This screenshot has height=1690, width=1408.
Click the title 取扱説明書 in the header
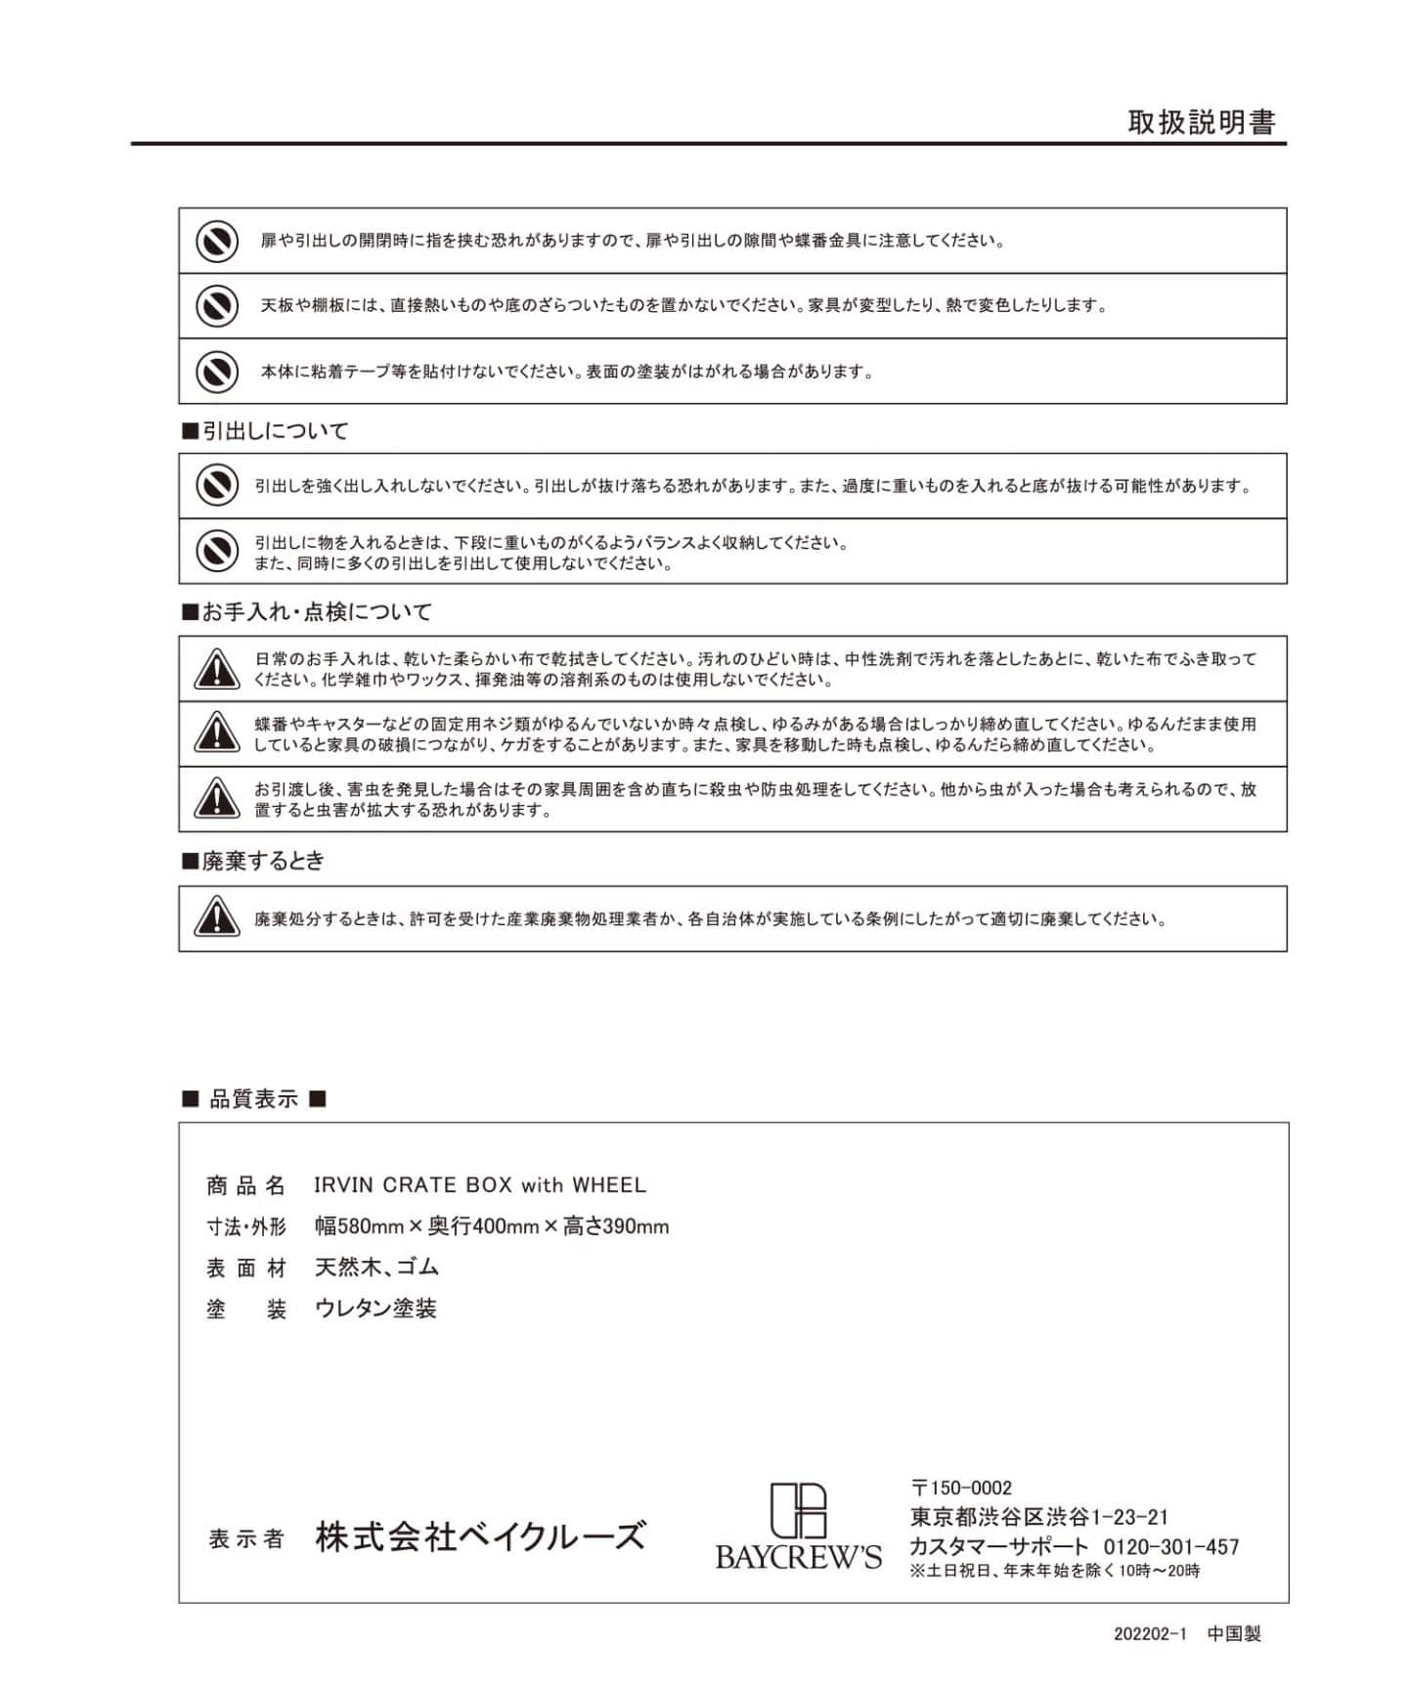1202,122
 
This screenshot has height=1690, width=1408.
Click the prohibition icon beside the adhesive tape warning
216,372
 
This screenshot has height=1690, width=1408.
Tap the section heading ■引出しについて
265,431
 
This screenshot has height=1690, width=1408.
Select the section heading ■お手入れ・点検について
307,612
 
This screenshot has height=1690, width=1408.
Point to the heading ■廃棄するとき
253,861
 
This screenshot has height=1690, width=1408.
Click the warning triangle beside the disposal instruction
216,918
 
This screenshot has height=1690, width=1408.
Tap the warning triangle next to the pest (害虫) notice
216,799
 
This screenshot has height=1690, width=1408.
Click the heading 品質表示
254,1099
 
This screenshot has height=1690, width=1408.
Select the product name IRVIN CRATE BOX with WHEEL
480,1185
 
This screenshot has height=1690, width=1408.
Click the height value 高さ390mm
616,1226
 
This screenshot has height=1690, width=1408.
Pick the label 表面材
246,1268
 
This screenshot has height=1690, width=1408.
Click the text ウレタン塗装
375,1309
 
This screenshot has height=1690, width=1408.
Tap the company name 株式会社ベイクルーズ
480,1536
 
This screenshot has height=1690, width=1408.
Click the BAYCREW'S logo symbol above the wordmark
798,1510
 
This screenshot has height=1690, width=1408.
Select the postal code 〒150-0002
961,1488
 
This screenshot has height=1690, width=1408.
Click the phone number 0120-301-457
1170,1547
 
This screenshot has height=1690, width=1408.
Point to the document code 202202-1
1149,1634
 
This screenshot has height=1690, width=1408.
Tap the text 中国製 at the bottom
1234,1634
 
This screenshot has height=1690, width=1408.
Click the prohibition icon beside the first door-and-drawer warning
216,241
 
